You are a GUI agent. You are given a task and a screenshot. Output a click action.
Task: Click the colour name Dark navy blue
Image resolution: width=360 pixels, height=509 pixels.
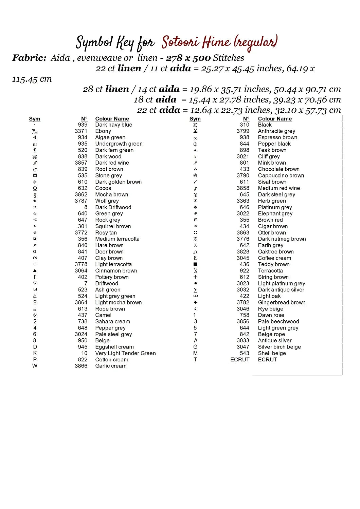point(113,125)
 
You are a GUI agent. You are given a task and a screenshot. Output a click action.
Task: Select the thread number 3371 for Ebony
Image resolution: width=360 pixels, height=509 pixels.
point(81,131)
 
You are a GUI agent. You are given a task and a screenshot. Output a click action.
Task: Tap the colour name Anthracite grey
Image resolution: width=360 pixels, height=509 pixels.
point(276,131)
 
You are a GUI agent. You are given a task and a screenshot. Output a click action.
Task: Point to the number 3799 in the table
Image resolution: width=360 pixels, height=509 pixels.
point(243,131)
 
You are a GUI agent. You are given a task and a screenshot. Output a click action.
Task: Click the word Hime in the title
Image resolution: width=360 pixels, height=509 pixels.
point(216,42)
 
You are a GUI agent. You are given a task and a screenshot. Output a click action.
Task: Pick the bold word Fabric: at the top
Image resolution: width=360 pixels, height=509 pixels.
point(29,58)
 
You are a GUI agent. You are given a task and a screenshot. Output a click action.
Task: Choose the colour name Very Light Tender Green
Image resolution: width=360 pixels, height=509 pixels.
point(125,353)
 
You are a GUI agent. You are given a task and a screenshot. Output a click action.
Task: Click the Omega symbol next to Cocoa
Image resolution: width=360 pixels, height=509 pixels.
point(35,188)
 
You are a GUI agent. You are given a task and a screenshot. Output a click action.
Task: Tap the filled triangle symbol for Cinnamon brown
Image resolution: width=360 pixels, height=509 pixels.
point(35,271)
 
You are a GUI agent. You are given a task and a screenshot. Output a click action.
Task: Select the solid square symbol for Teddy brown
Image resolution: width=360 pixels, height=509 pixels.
point(195,264)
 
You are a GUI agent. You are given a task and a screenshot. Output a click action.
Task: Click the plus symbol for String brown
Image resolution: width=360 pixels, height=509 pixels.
point(195,277)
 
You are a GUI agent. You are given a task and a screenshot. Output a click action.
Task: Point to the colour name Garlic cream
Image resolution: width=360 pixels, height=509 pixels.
point(111,366)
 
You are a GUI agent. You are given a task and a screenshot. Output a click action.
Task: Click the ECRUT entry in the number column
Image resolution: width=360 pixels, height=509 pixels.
point(240,360)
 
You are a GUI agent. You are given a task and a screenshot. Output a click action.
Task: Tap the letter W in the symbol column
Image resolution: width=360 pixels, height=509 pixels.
point(35,366)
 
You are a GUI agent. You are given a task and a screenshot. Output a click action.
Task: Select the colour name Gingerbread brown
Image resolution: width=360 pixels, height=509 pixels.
point(282,302)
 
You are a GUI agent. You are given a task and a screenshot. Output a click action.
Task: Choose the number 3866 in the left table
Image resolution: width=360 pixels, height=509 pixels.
point(81,366)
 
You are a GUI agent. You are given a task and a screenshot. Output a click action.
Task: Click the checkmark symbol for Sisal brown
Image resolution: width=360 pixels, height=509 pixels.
point(195,182)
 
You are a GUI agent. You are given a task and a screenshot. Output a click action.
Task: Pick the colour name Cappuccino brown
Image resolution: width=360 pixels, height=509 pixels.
point(281,175)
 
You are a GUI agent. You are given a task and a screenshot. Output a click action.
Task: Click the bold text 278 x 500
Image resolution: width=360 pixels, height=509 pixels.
point(188,58)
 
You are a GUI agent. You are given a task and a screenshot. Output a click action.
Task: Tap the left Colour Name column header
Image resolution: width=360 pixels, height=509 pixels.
point(112,119)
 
